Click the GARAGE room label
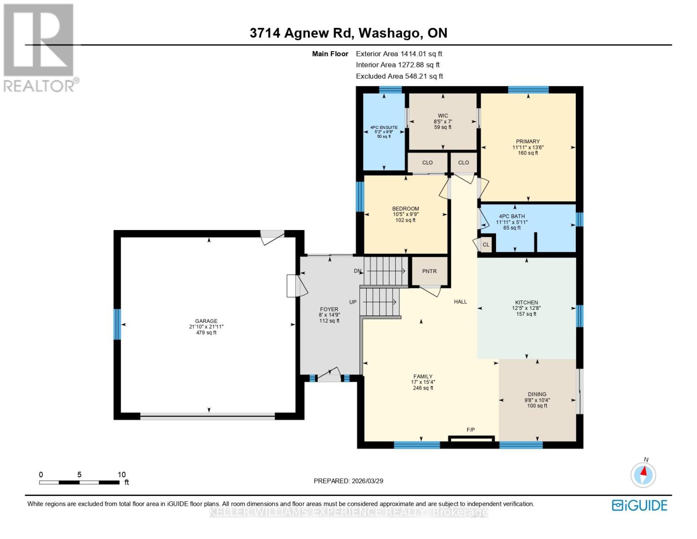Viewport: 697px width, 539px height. coord(206,321)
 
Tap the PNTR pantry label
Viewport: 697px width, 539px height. coord(430,271)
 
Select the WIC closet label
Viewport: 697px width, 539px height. coord(443,116)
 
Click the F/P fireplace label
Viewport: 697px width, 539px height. coord(471,430)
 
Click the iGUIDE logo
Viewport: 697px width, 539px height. coord(640,505)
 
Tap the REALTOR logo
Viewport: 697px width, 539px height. coord(39,48)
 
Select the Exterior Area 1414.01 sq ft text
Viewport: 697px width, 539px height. coord(399,54)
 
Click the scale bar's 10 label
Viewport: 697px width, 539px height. coord(122,475)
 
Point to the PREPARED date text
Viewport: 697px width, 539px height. coord(348,481)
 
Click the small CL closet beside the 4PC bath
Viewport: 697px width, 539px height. coord(486,245)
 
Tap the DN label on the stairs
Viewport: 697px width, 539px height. coord(358,271)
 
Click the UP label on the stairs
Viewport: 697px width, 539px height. coord(353,302)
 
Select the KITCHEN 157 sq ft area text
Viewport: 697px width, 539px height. coord(526,314)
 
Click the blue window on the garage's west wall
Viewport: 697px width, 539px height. coord(117,324)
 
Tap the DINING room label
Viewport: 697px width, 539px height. coord(537,394)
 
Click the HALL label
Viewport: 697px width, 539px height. coord(460,302)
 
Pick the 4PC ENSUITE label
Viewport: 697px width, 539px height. coord(384,128)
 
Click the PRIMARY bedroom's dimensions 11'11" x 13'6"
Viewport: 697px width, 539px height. coord(528,147)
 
